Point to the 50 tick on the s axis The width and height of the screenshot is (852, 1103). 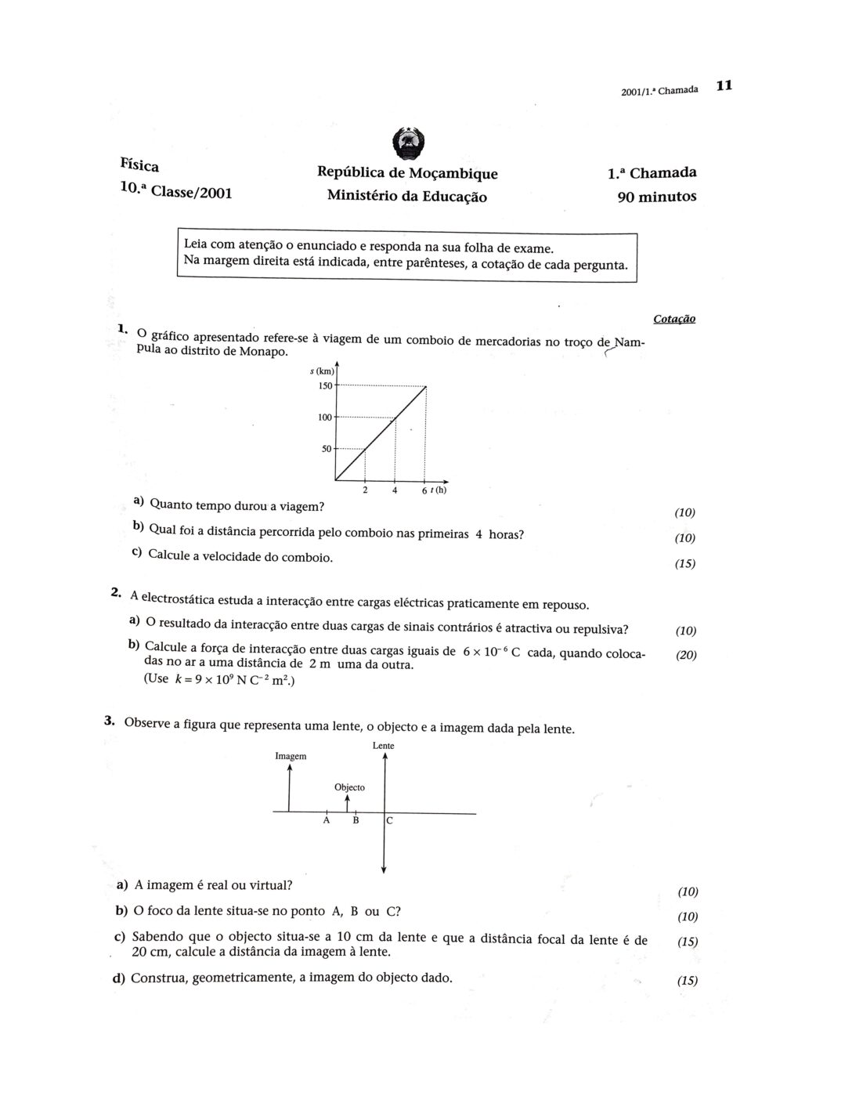coord(327,449)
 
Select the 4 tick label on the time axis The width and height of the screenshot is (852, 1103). coord(395,491)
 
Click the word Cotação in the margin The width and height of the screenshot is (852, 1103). coord(673,319)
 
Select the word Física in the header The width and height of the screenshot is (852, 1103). coord(139,165)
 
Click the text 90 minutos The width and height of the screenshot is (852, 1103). coord(656,197)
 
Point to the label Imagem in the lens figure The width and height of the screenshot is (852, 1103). coord(291,756)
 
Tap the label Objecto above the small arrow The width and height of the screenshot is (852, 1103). coord(349,787)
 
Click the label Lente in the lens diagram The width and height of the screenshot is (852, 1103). coord(384,746)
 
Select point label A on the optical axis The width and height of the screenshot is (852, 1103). coord(326,821)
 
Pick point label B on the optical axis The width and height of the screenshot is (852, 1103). coord(356,821)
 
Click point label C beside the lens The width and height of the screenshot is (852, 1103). coord(389,821)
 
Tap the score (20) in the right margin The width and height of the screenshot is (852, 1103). coord(686,656)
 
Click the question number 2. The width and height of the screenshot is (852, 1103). coord(115,592)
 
